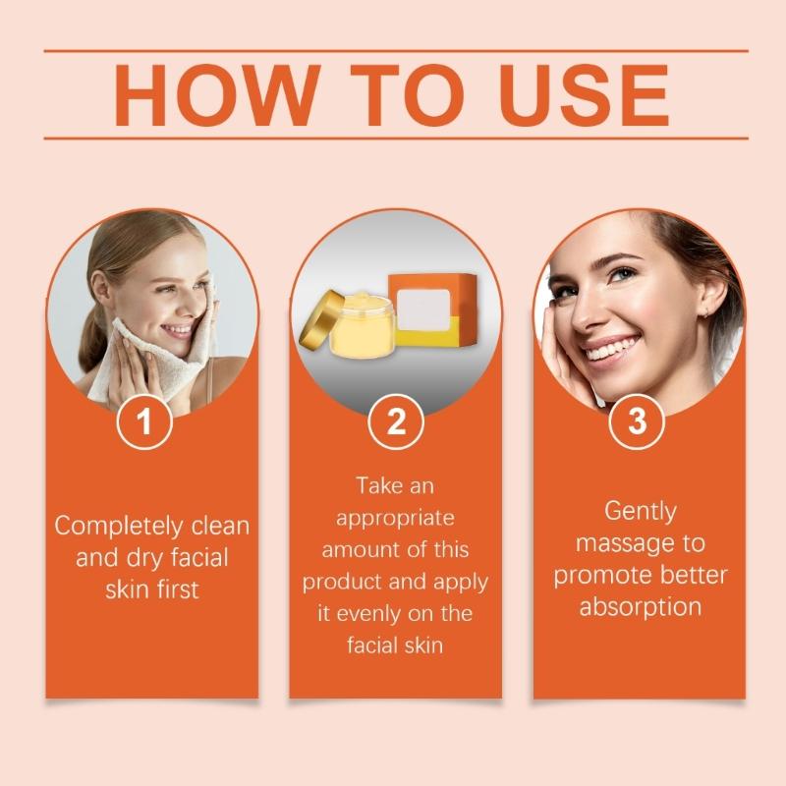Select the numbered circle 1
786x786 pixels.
point(144,423)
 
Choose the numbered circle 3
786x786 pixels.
point(638,423)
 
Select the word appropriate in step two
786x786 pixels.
point(395,518)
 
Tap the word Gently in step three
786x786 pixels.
point(640,511)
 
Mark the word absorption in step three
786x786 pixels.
point(640,607)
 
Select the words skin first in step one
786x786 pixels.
point(152,590)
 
